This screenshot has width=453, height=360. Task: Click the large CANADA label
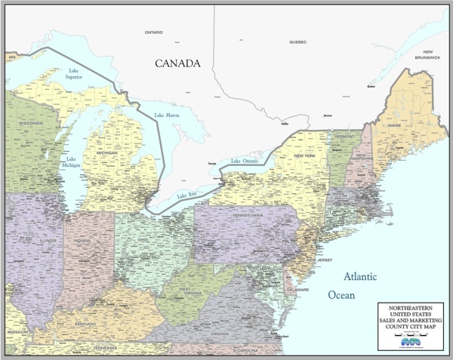click(177, 63)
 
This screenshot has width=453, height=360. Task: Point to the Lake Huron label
click(168, 115)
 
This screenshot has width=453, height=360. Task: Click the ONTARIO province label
click(155, 32)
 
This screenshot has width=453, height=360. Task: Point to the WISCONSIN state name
click(31, 123)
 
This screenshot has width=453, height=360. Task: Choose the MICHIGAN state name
click(107, 153)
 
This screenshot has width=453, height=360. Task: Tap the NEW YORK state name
click(304, 155)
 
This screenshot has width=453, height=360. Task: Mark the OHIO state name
click(143, 240)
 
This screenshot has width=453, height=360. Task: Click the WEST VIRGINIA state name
click(189, 291)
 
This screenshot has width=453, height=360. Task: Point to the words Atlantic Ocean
click(351, 285)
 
